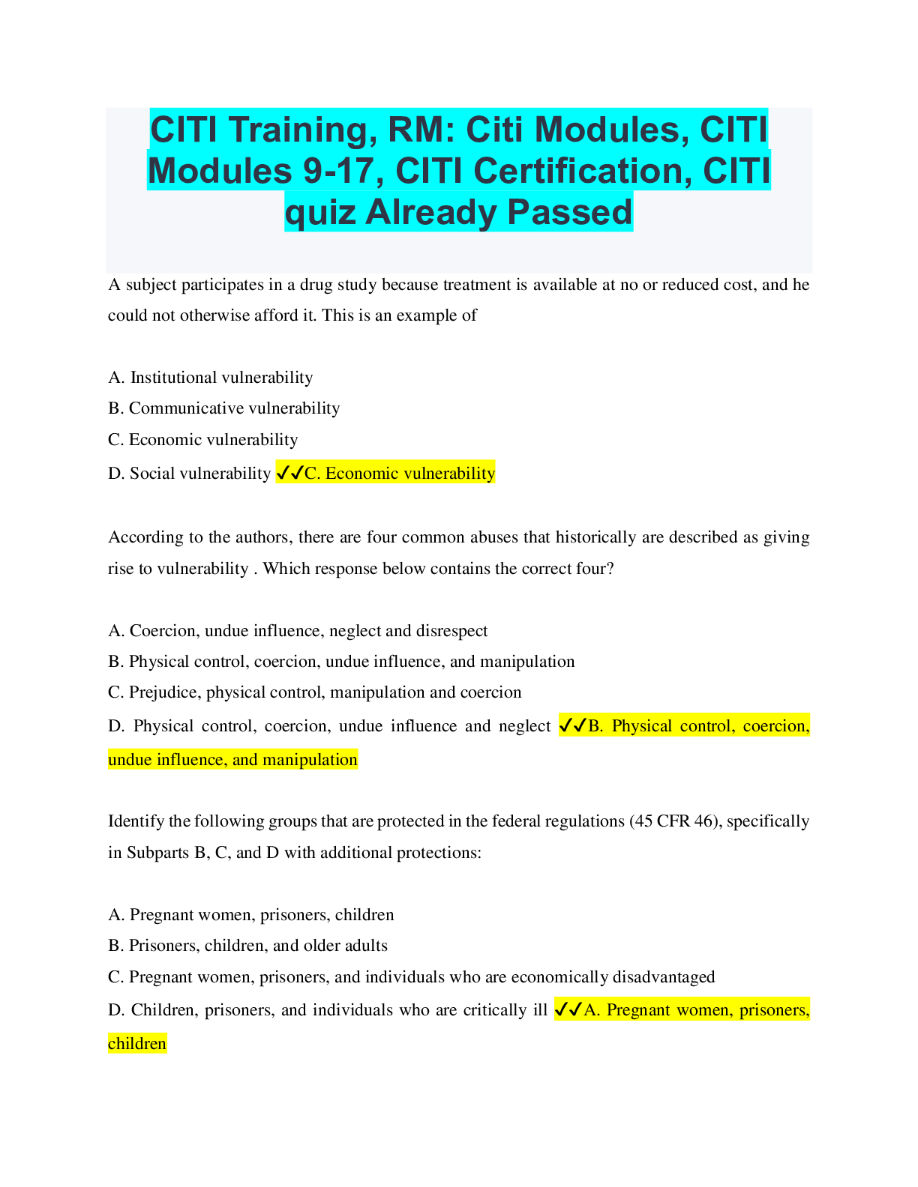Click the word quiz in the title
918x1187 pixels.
(320, 212)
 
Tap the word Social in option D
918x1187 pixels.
(151, 474)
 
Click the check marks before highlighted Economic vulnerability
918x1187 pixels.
(289, 473)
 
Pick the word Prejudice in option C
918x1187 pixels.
(163, 692)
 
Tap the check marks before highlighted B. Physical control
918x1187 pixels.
(573, 725)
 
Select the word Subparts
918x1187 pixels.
(157, 853)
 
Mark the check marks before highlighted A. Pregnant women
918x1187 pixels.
(568, 1010)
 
